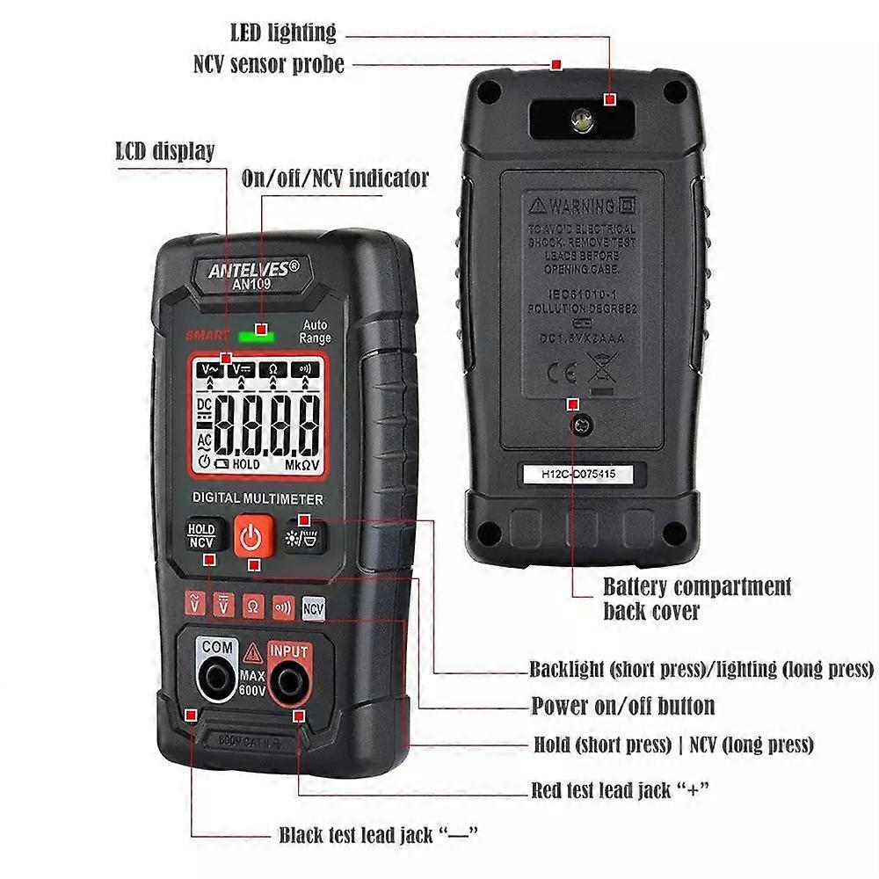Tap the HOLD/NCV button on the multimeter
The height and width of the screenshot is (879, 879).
click(x=201, y=536)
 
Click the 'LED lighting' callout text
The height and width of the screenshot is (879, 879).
click(x=283, y=33)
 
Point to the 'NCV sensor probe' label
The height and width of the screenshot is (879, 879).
click(x=268, y=64)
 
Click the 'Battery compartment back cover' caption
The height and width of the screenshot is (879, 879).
click(x=696, y=598)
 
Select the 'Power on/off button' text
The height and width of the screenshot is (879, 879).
click(x=622, y=706)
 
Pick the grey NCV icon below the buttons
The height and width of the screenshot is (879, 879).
click(x=313, y=607)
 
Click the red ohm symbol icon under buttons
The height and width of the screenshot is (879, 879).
click(x=253, y=607)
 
